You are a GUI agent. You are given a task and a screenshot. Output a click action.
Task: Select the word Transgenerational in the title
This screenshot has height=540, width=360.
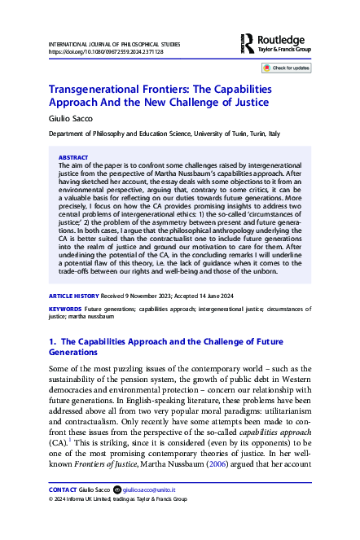click(x=98, y=93)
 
